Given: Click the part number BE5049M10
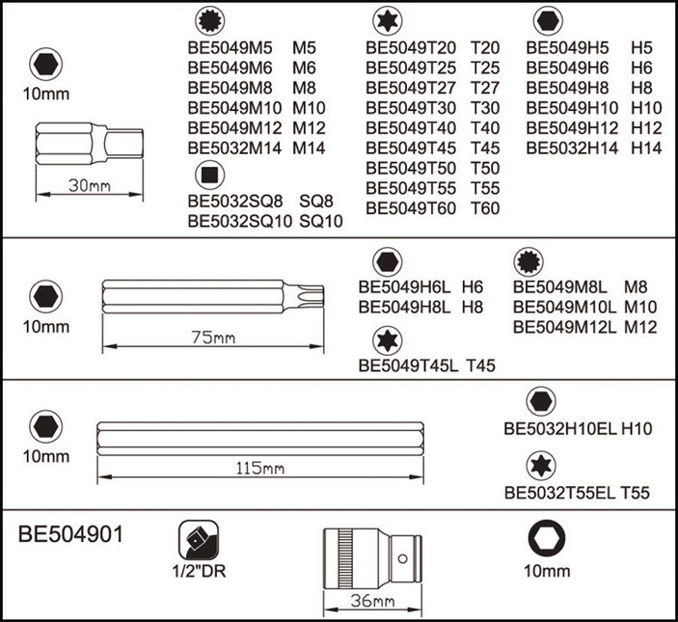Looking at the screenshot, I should pyautogui.click(x=231, y=108).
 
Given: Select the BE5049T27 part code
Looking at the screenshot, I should pyautogui.click(x=410, y=87).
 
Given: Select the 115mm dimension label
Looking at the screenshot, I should pyautogui.click(x=260, y=469).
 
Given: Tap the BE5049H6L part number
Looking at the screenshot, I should pyautogui.click(x=406, y=286).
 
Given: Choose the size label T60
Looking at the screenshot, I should pyautogui.click(x=485, y=208).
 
